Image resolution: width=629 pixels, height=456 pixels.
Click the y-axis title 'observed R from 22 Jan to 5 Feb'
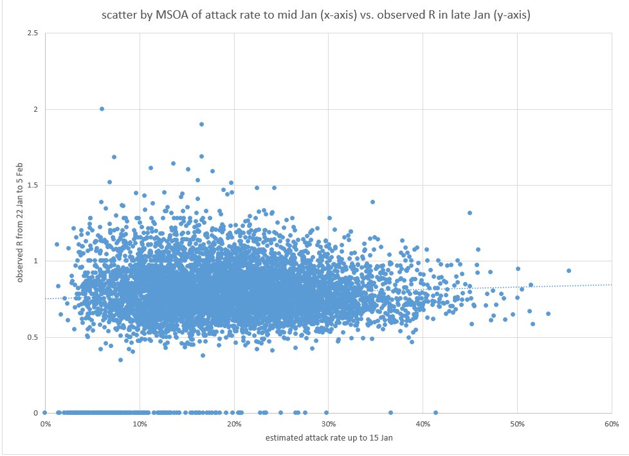(x=21, y=223)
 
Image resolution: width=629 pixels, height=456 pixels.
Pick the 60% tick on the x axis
(x=612, y=424)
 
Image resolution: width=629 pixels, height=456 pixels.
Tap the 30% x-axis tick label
(x=328, y=424)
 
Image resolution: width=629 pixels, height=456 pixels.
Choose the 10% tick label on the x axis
(x=140, y=424)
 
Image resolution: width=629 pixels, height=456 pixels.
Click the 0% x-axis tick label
(x=45, y=424)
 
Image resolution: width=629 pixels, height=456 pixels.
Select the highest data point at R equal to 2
(x=102, y=109)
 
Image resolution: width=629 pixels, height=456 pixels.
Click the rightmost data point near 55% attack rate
(x=569, y=270)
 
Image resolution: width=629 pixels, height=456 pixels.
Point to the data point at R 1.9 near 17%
(x=201, y=124)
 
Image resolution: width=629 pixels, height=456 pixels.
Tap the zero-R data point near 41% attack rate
(x=435, y=412)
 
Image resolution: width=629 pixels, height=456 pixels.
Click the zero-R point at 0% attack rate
(x=44, y=412)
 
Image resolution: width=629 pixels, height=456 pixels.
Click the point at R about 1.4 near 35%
(x=372, y=202)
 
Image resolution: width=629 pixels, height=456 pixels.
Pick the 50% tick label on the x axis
(x=517, y=424)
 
